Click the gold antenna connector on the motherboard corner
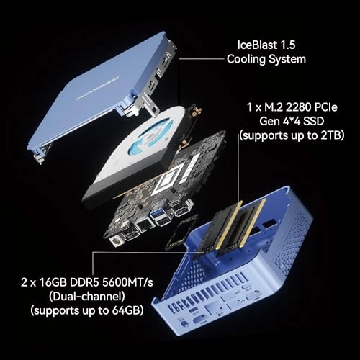116,246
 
